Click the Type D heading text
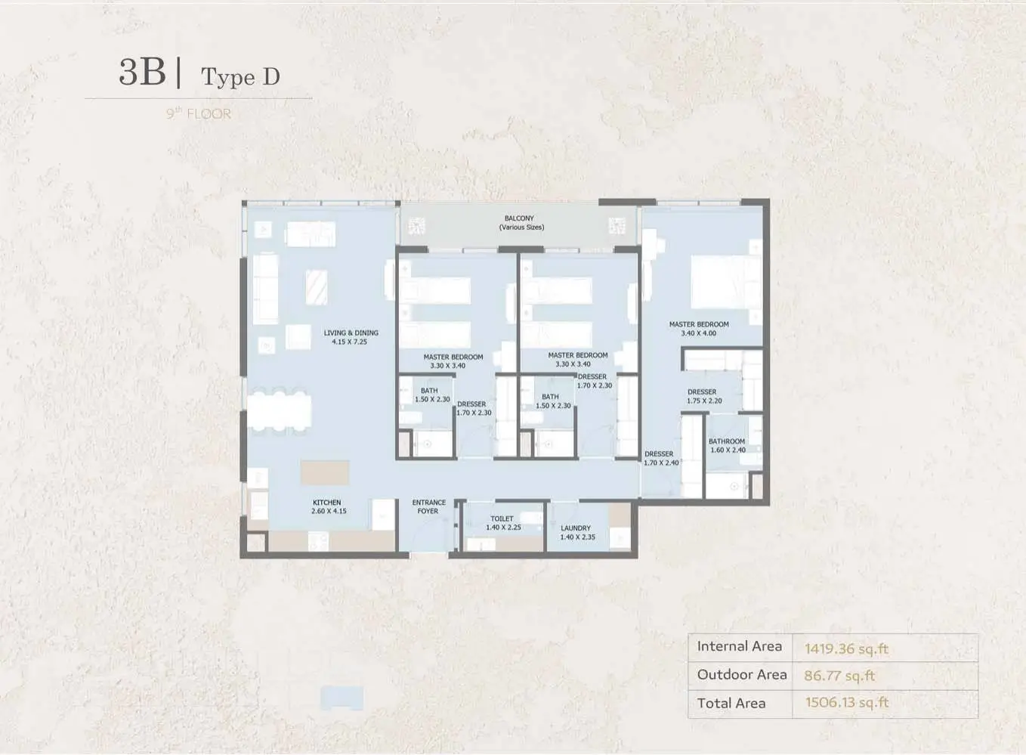point(240,77)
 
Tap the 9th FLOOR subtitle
point(199,113)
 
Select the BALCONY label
point(519,218)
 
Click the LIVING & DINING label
point(351,333)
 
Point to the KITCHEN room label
point(326,502)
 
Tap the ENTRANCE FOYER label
point(428,506)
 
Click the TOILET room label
point(502,518)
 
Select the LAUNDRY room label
point(576,528)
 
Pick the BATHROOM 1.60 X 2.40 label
point(727,446)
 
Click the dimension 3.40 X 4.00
point(699,333)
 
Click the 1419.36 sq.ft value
point(846,648)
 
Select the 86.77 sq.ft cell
point(839,676)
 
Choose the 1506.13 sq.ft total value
point(847,702)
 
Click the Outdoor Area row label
point(742,674)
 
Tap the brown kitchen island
point(325,473)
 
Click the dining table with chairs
point(279,411)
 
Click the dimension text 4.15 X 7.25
point(350,342)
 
